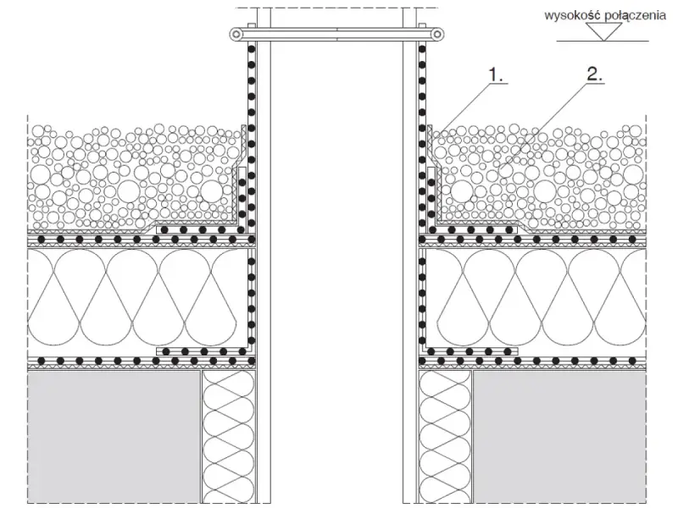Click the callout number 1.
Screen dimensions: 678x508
[496, 75]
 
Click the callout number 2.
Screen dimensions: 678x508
[594, 75]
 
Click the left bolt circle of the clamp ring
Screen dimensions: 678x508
[236, 34]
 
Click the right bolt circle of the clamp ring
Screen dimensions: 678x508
[438, 34]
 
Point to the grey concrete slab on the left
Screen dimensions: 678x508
[114, 437]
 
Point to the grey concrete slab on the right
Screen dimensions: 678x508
[560, 437]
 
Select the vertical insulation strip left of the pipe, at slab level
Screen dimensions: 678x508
[228, 437]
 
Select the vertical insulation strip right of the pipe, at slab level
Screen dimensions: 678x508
[446, 437]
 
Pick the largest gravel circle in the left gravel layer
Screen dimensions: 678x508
[130, 191]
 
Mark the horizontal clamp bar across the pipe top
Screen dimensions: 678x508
[337, 34]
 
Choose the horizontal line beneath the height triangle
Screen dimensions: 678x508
[603, 41]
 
